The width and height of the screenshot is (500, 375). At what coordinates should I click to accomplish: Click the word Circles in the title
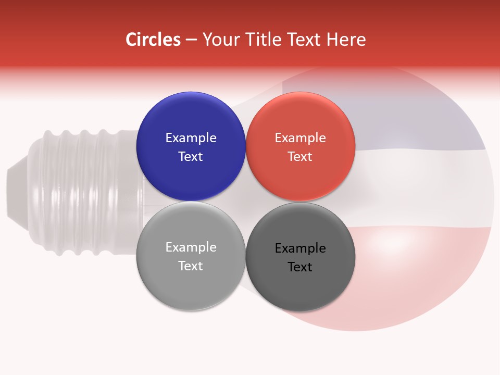(153, 40)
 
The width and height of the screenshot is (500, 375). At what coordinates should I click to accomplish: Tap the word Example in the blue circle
(191, 138)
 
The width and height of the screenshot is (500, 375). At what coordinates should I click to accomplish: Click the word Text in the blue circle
(191, 157)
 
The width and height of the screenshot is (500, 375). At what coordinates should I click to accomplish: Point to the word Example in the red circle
(300, 138)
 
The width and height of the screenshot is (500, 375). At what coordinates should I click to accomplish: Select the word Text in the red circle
(300, 157)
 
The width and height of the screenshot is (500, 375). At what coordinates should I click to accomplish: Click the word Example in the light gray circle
(191, 247)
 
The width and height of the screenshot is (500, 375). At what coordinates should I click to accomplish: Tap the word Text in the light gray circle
(191, 266)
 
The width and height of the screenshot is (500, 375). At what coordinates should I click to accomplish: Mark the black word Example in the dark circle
(300, 248)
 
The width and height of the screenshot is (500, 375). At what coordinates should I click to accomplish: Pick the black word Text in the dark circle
(300, 267)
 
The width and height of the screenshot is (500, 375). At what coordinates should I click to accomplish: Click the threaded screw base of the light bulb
(83, 193)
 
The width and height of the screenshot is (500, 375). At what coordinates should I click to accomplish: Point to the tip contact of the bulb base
(16, 193)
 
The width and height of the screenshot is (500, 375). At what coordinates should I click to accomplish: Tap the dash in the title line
(191, 40)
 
